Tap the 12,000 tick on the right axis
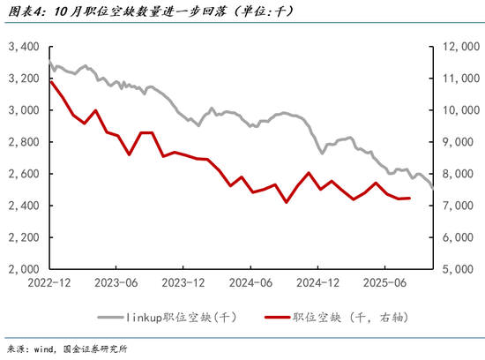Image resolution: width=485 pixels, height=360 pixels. tap(458, 46)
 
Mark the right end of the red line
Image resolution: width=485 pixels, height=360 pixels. tap(408, 198)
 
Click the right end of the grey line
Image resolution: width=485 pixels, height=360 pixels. tap(432, 187)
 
